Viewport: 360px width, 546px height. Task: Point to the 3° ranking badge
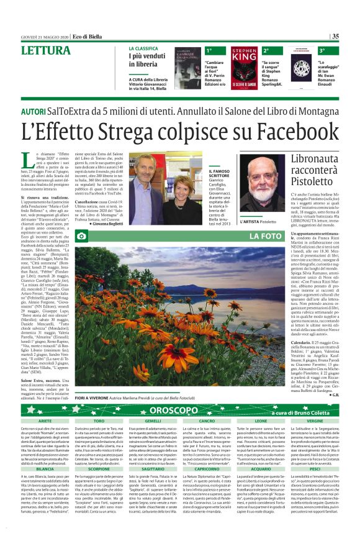(x=322, y=50)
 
